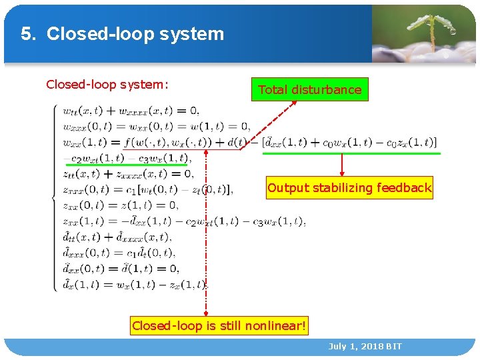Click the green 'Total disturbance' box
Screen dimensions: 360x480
[x=309, y=90]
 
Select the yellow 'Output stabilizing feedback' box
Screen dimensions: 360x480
[x=349, y=188]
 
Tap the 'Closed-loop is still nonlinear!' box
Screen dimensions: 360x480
[x=219, y=326]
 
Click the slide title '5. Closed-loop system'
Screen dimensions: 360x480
[x=123, y=34]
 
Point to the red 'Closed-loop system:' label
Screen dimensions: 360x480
[x=107, y=85]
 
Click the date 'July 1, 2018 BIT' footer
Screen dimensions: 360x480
[x=365, y=347]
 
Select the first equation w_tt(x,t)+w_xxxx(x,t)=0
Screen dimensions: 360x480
[x=131, y=111]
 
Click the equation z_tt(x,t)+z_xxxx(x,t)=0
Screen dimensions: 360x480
[x=128, y=174]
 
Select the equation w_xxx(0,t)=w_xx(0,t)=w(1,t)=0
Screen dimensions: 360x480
[x=156, y=126]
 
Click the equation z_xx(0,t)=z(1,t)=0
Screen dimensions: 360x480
[x=121, y=205]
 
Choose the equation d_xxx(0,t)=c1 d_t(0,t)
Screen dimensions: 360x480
[x=119, y=253]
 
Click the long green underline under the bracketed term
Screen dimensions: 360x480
[x=351, y=153]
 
